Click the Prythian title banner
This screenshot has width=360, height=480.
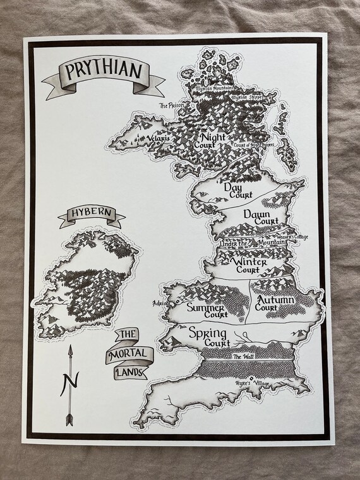click(x=102, y=71)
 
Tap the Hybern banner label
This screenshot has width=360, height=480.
click(x=91, y=214)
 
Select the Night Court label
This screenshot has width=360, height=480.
click(x=215, y=140)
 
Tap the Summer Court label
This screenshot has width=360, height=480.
click(x=207, y=310)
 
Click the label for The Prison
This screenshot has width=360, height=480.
click(x=170, y=106)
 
